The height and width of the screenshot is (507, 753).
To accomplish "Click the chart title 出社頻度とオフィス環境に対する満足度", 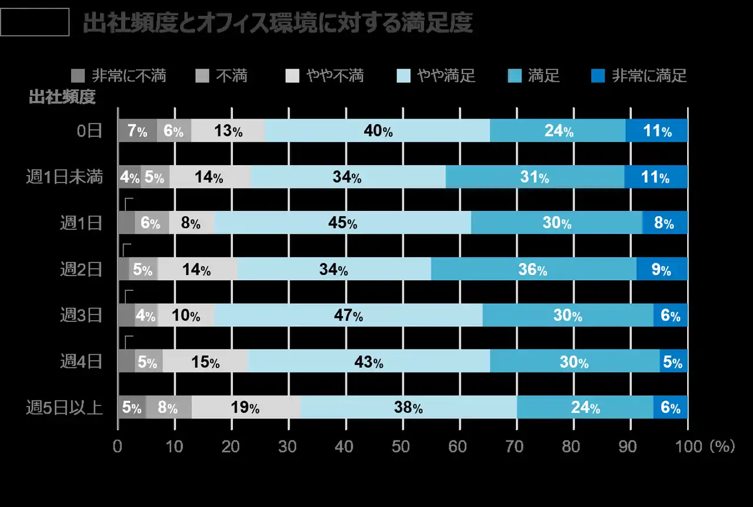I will [277, 23].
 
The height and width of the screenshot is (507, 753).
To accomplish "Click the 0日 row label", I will [90, 131].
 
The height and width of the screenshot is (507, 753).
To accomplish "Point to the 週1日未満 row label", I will [65, 177].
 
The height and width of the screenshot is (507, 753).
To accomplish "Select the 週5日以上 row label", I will [65, 408].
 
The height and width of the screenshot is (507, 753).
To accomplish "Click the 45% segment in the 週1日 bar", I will [343, 223].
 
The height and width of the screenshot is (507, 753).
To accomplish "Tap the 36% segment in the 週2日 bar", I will [533, 269].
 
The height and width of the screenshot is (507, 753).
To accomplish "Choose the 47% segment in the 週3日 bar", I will [348, 315].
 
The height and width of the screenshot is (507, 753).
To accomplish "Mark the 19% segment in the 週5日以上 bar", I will [246, 408].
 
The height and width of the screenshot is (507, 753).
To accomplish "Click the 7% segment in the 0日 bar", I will [137, 131].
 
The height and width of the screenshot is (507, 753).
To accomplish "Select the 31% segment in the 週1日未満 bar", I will [534, 177].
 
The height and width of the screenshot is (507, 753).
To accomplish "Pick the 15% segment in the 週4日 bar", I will [205, 362].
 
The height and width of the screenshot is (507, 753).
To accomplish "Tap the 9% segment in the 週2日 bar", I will [662, 269].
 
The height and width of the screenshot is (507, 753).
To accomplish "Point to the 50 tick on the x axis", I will [402, 447].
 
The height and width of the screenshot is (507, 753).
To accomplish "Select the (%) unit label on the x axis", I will [722, 447].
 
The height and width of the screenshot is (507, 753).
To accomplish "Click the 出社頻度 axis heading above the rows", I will [62, 98].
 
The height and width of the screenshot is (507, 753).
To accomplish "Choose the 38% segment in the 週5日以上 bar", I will [408, 408].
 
